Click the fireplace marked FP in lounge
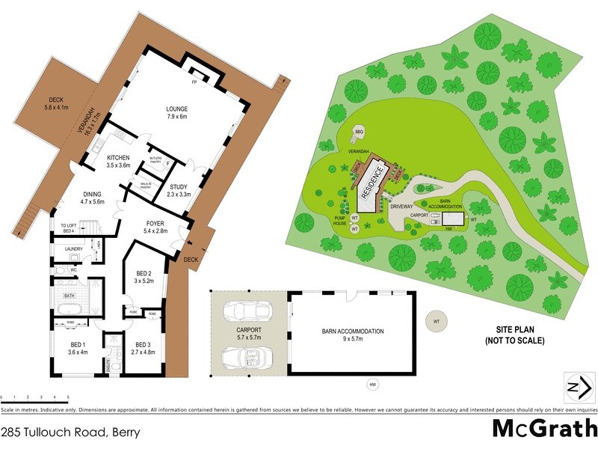tap(194, 80)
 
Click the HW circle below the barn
tap(372, 385)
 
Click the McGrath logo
tap(543, 429)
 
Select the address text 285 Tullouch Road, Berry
tap(70, 433)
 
